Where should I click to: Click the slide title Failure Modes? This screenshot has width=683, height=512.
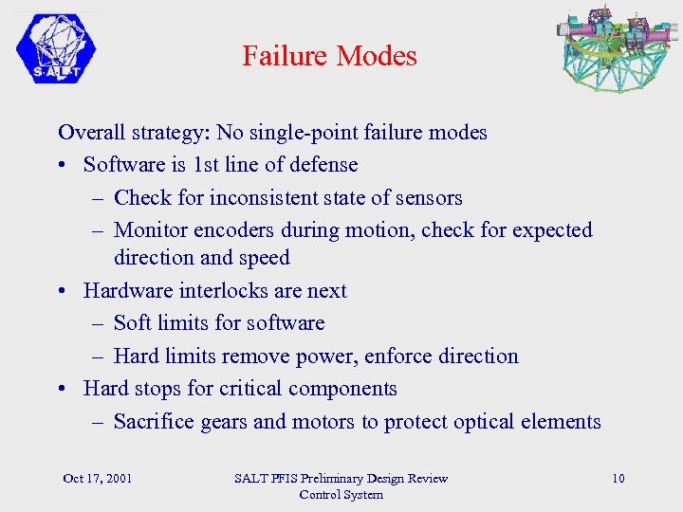coord(329,56)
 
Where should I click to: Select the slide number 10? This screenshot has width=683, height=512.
coord(618,478)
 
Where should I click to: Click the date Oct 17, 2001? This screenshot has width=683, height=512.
coord(97,478)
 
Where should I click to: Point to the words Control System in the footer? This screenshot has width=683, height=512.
coord(341,494)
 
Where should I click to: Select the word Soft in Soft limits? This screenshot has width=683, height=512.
coord(132,323)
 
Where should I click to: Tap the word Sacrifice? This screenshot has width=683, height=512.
coord(154,422)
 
